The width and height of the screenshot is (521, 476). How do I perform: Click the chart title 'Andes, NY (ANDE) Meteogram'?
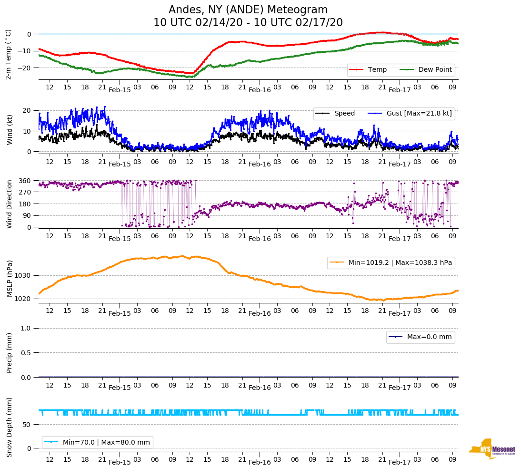point(248,10)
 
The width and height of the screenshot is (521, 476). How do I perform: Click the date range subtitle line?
point(248,23)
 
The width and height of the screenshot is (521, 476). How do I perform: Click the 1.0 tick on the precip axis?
point(27,328)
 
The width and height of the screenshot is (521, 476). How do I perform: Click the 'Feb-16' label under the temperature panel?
point(260,89)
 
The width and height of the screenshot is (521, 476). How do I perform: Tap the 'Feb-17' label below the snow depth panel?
point(400,462)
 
